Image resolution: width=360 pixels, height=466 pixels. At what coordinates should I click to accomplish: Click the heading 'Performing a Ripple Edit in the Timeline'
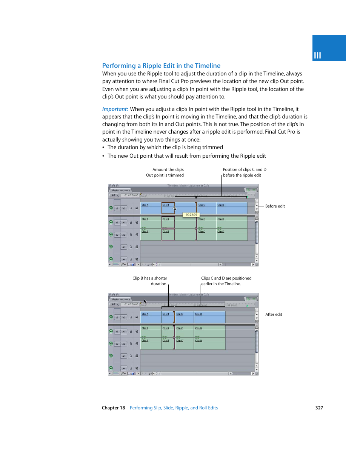(x=161, y=66)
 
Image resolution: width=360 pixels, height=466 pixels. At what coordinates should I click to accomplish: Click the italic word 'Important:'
(x=115, y=109)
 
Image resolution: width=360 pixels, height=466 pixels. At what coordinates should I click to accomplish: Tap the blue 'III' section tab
(x=328, y=48)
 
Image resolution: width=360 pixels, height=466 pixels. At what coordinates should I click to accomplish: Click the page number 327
(x=319, y=408)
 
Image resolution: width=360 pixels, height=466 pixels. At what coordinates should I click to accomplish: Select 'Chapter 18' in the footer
(x=113, y=408)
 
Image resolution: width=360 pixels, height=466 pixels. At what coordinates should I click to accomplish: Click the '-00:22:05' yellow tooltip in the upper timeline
(x=191, y=215)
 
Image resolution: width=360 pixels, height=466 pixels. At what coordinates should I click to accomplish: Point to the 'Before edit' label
(x=275, y=206)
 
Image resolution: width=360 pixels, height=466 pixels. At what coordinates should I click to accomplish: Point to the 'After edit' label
(x=274, y=315)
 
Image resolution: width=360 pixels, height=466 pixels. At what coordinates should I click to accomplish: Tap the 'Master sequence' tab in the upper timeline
(x=121, y=190)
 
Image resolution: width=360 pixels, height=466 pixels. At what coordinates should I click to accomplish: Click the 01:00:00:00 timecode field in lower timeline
(x=131, y=305)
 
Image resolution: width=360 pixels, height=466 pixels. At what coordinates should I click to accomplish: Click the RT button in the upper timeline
(x=114, y=195)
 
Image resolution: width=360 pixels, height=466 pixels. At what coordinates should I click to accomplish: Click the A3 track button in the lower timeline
(x=124, y=356)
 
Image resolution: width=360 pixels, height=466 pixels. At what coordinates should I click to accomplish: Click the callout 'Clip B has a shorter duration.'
(x=150, y=281)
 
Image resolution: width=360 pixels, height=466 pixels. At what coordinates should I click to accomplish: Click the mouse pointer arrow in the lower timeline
(x=145, y=301)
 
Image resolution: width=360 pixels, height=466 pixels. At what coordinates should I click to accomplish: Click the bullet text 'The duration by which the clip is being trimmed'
(x=165, y=148)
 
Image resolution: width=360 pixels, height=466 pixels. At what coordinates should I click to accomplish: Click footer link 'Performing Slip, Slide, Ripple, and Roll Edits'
(x=174, y=408)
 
